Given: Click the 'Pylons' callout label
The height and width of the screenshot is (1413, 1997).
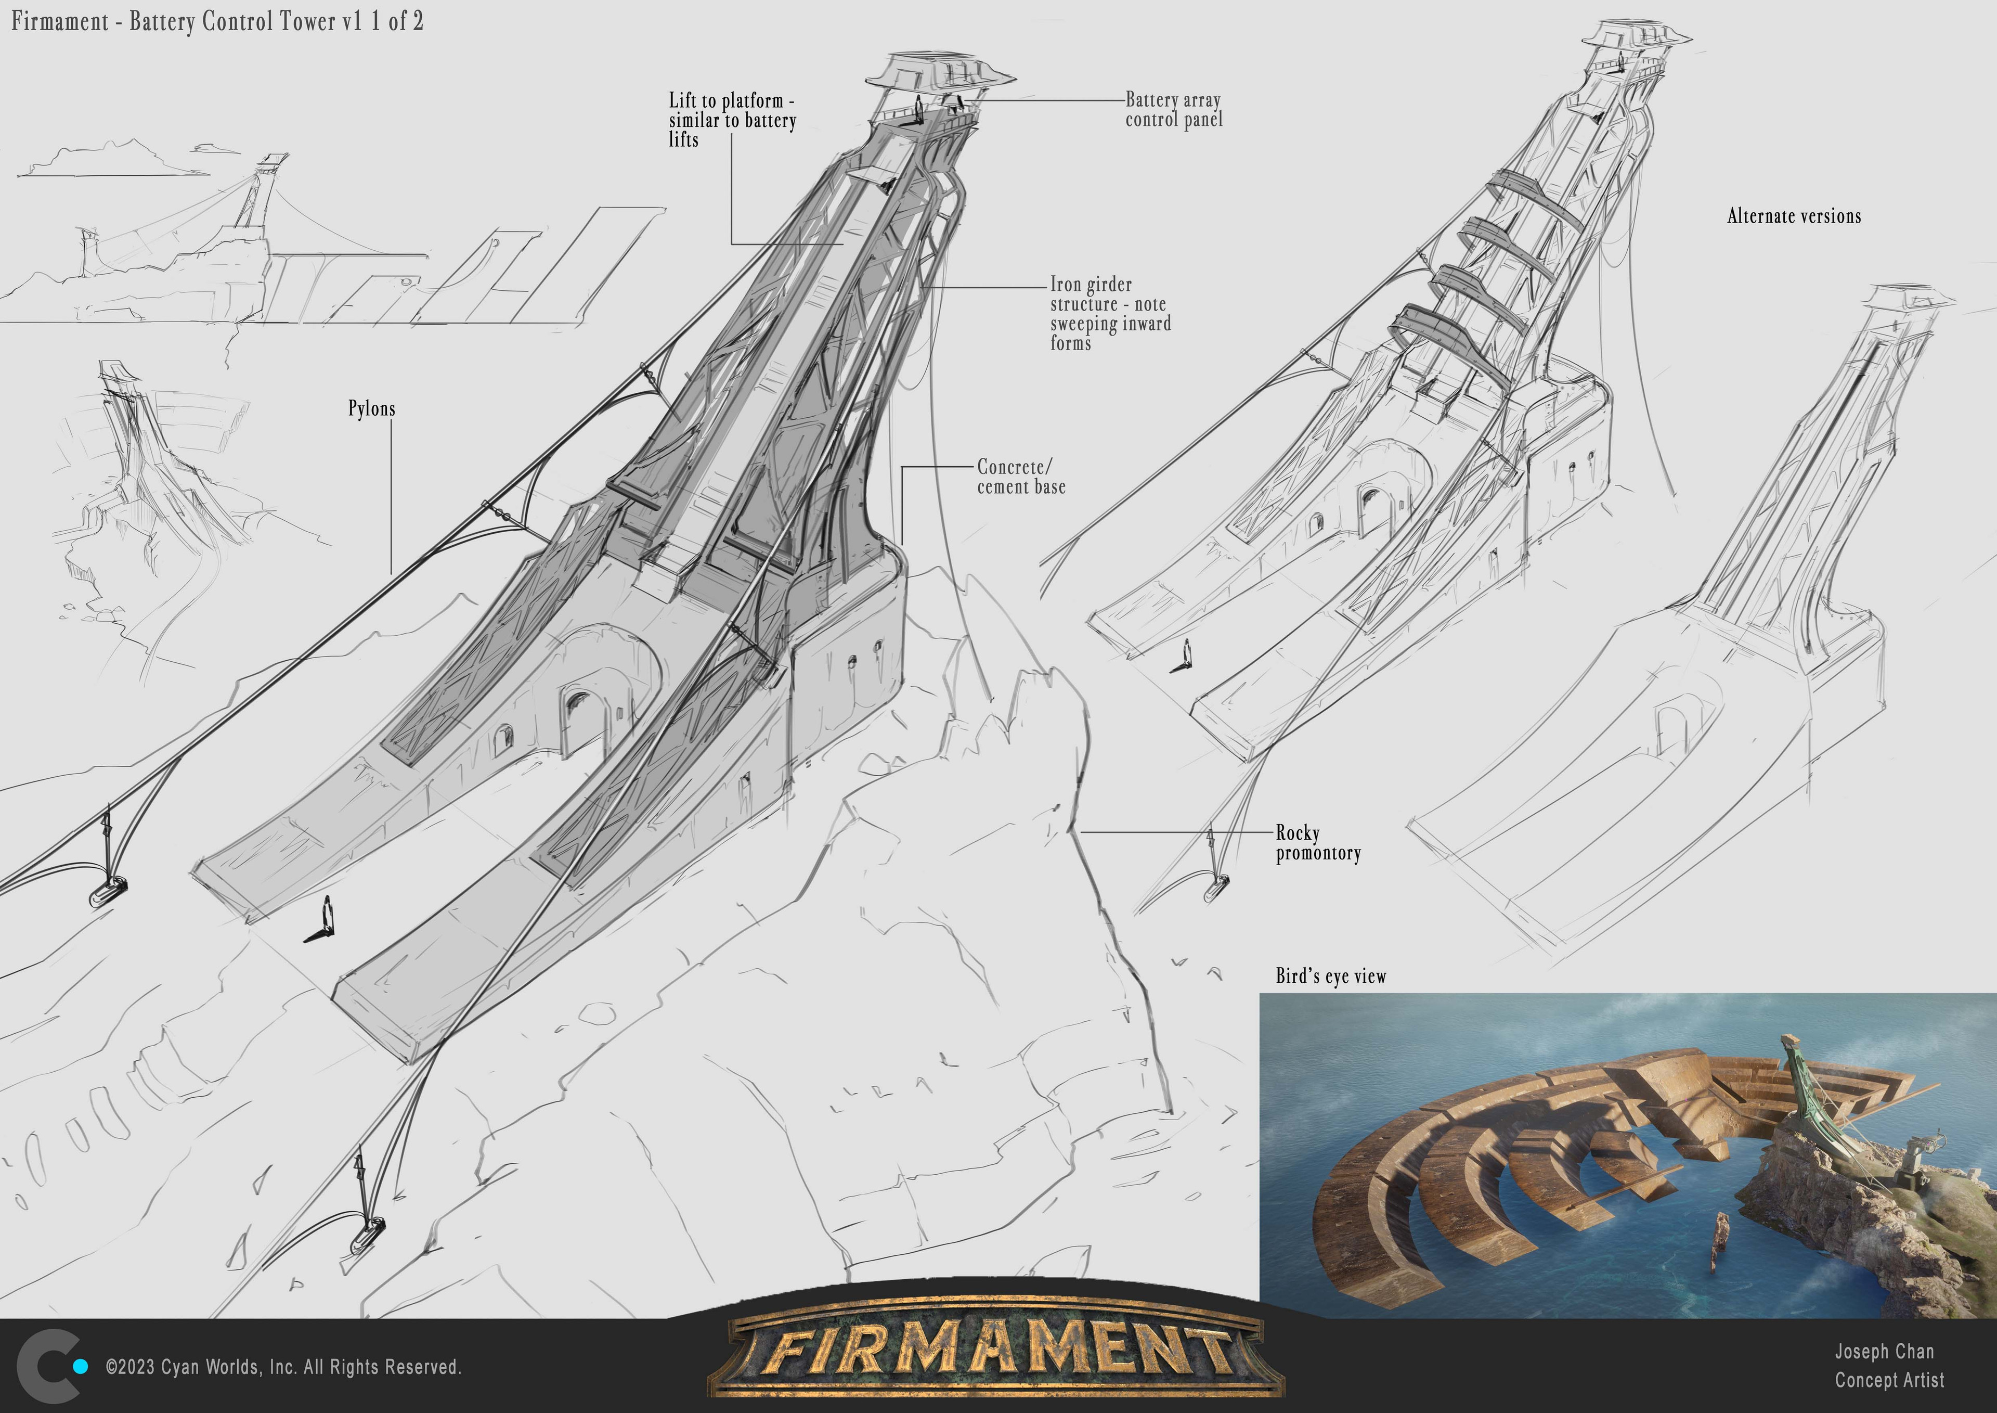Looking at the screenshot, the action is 371,409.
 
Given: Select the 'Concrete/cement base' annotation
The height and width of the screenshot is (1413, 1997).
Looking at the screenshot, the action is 1021,477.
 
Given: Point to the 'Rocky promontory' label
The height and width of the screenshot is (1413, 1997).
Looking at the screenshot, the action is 1318,843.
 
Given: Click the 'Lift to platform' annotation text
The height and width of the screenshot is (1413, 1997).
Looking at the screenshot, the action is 732,120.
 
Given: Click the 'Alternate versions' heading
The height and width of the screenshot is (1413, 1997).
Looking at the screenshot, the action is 1794,216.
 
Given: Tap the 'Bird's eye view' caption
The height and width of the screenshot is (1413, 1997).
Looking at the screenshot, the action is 1331,976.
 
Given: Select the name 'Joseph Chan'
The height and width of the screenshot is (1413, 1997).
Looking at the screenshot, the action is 1884,1351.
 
